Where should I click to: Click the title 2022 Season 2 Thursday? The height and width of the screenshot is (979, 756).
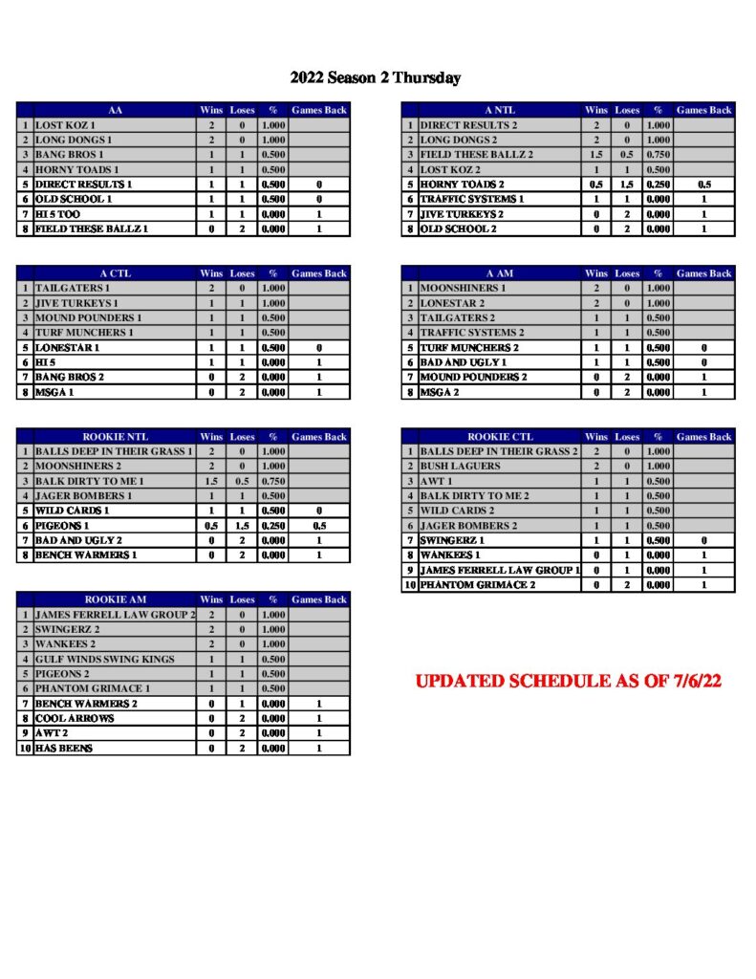[x=376, y=78]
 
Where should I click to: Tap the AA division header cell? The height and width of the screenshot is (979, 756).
[x=115, y=110]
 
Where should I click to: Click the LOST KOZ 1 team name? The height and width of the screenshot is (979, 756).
[x=66, y=125]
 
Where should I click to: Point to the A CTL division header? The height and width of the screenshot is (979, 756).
[x=115, y=273]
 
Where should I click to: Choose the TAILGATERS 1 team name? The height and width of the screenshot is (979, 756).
[x=73, y=288]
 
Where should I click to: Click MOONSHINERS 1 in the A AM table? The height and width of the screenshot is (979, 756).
[x=464, y=288]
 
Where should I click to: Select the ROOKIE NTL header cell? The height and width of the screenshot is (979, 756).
[x=115, y=437]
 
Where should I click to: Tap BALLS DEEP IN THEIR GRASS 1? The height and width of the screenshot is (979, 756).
[x=114, y=451]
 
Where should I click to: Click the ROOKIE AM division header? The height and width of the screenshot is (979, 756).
[x=115, y=599]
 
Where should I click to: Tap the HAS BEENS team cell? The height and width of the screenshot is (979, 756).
[x=64, y=748]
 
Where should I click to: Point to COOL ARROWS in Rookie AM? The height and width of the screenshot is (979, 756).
[x=74, y=718]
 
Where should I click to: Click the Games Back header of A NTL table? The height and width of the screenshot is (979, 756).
[x=704, y=110]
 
